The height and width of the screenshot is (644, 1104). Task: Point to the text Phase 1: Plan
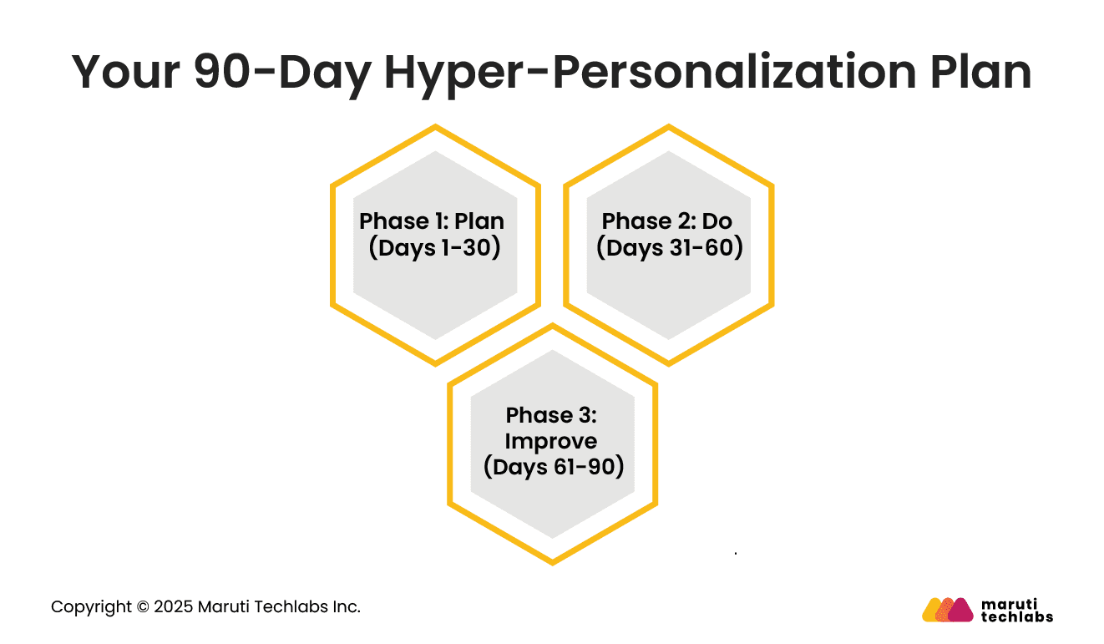click(x=432, y=221)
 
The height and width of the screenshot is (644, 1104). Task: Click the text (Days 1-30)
click(x=434, y=248)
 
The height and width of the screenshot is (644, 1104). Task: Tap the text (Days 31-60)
click(x=669, y=248)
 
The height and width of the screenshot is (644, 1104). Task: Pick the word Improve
click(x=551, y=441)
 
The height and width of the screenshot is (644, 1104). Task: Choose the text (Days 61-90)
click(x=554, y=466)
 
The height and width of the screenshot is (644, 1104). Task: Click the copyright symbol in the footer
click(x=139, y=607)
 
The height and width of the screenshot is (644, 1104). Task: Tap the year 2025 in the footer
click(x=172, y=607)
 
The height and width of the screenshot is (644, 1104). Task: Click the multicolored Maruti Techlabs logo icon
click(x=947, y=610)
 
